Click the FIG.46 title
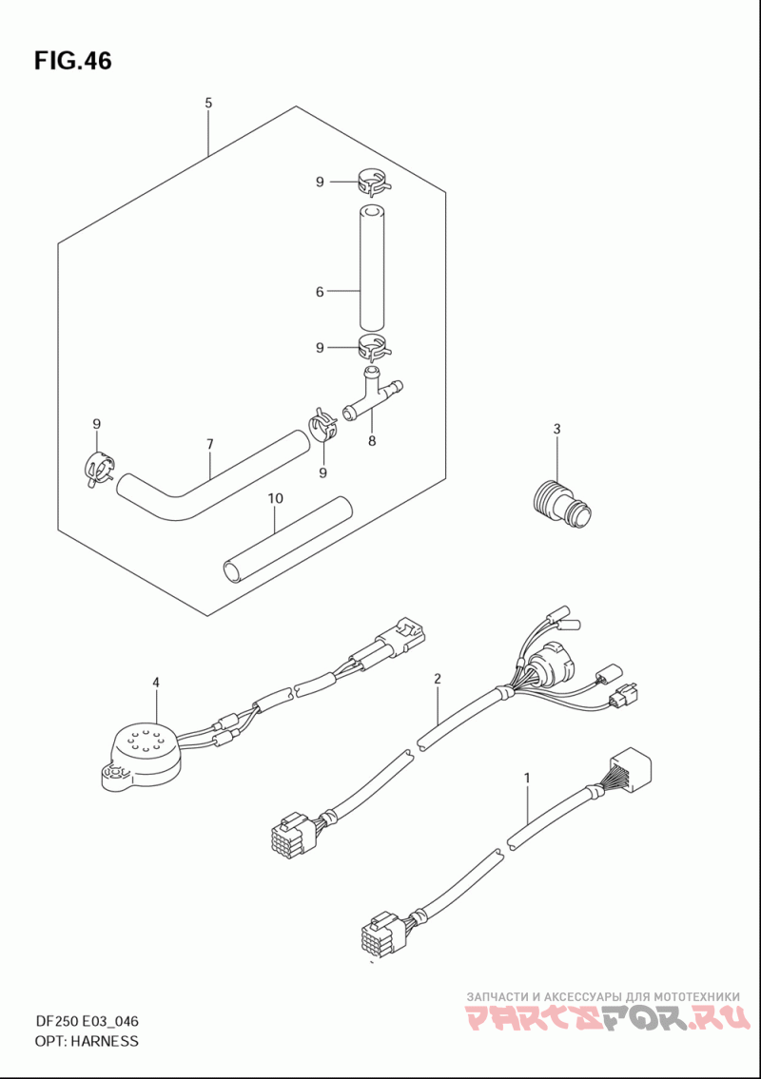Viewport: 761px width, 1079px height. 72,61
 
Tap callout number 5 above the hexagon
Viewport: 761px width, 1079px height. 208,104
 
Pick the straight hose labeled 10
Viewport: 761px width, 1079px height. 288,540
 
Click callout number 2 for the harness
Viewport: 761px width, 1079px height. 438,679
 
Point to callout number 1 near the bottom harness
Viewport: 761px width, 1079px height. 527,779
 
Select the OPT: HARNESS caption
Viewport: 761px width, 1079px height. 86,1040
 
